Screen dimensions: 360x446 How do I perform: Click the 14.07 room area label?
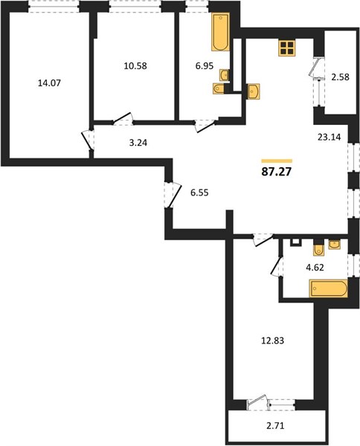[x=49, y=83]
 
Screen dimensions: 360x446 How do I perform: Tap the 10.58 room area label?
[x=135, y=66]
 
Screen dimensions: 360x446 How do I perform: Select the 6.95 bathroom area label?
[x=205, y=66]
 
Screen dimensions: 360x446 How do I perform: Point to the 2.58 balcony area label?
[x=340, y=77]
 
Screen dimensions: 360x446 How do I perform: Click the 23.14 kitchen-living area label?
[x=329, y=138]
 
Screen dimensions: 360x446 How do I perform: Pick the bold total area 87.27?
[x=277, y=172]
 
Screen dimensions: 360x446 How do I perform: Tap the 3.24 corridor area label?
[x=138, y=143]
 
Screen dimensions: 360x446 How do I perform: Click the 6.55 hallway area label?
[x=199, y=193]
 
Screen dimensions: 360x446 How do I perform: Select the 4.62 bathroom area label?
[x=315, y=268]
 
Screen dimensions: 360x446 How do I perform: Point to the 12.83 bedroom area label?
[x=273, y=340]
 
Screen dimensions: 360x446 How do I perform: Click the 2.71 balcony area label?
[x=275, y=426]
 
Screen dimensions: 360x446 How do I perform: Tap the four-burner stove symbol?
[x=287, y=48]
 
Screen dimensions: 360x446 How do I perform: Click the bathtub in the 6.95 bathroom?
[x=221, y=31]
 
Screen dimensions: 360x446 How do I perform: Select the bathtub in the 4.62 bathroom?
[x=329, y=288]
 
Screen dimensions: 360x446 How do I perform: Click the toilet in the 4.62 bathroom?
[x=318, y=250]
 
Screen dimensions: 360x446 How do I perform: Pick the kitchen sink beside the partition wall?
[x=254, y=91]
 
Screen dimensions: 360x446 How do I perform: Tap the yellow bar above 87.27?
[x=277, y=161]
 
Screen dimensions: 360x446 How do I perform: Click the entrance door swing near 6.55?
[x=173, y=195]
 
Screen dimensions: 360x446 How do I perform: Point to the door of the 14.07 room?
[x=87, y=140]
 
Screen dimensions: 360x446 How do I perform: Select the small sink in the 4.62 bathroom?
[x=334, y=245]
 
